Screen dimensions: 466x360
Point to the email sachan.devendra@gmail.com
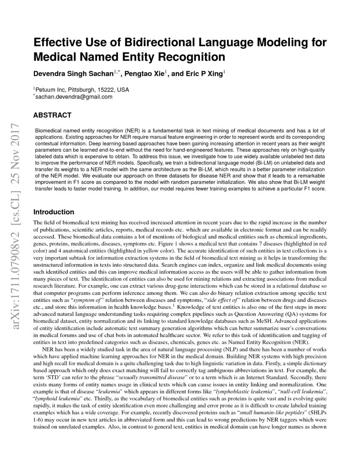(74, 97)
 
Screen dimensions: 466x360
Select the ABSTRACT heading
(52, 115)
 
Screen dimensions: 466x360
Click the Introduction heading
(54, 212)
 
